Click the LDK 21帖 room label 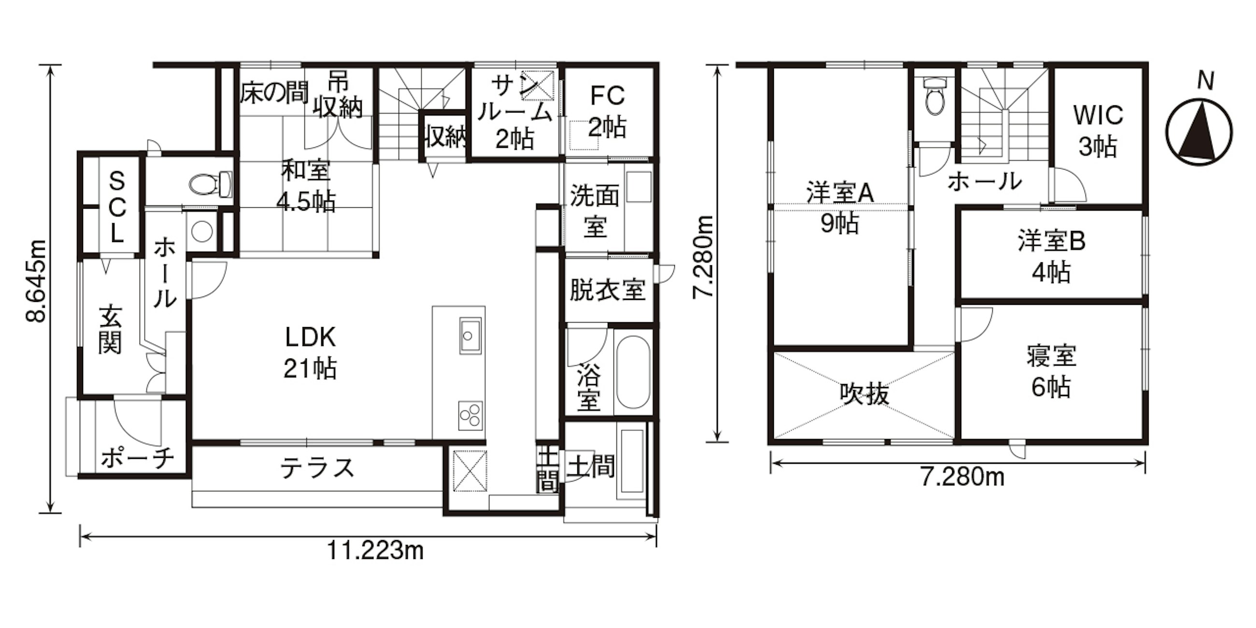pos(310,353)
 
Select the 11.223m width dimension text pos(374,551)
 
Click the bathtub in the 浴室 pos(632,372)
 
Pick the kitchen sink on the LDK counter pos(470,335)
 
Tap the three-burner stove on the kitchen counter pos(471,416)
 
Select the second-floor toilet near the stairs pos(934,97)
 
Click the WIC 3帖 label pos(1098,130)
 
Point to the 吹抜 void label pos(865,394)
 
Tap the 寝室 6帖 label pos(1051,371)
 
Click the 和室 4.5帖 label pos(306,186)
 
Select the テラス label pos(317,468)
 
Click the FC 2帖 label pos(608,112)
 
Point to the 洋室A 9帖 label pos(840,208)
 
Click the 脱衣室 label pos(608,290)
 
